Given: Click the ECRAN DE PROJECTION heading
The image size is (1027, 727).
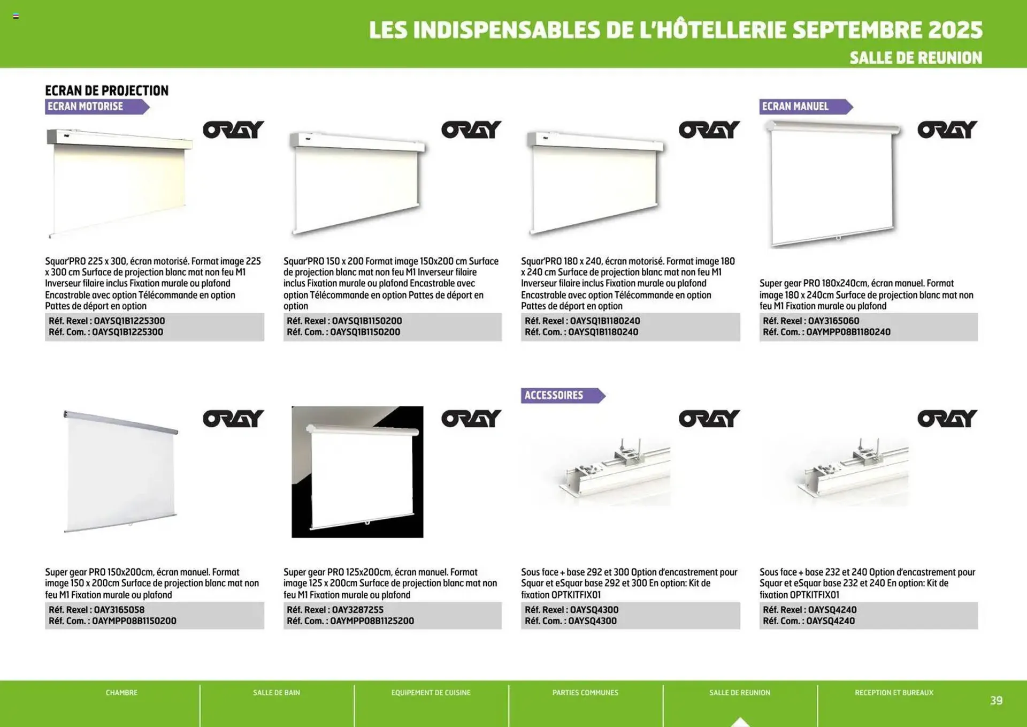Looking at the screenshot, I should pos(106,90).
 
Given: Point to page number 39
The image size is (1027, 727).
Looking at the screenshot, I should pos(995,700).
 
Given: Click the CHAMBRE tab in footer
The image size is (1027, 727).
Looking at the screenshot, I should pos(121,693).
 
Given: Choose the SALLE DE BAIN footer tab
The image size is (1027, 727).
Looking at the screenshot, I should pos(276,693).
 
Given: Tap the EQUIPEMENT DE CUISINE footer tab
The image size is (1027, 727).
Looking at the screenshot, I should pos(431,693).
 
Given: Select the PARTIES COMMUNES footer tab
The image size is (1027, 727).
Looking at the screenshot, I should pos(585,693).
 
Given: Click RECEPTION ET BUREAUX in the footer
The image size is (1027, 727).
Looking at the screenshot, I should pos(894,693).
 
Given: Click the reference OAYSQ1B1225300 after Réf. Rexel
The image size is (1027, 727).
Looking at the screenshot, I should pos(129,321).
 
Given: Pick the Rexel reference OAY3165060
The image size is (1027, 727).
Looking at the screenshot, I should pos(833,321).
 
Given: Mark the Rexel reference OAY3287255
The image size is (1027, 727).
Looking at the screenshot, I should pos(357,610).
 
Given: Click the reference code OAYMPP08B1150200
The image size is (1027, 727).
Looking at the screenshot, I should pos(134,621).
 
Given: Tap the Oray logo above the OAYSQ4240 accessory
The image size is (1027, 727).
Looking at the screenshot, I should pos(947,419).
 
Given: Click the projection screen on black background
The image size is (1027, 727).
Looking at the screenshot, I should pos(357,472).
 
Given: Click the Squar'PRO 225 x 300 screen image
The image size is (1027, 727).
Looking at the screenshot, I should pos(120,182).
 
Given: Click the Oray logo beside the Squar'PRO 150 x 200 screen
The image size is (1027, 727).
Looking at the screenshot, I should pos(471,130).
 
